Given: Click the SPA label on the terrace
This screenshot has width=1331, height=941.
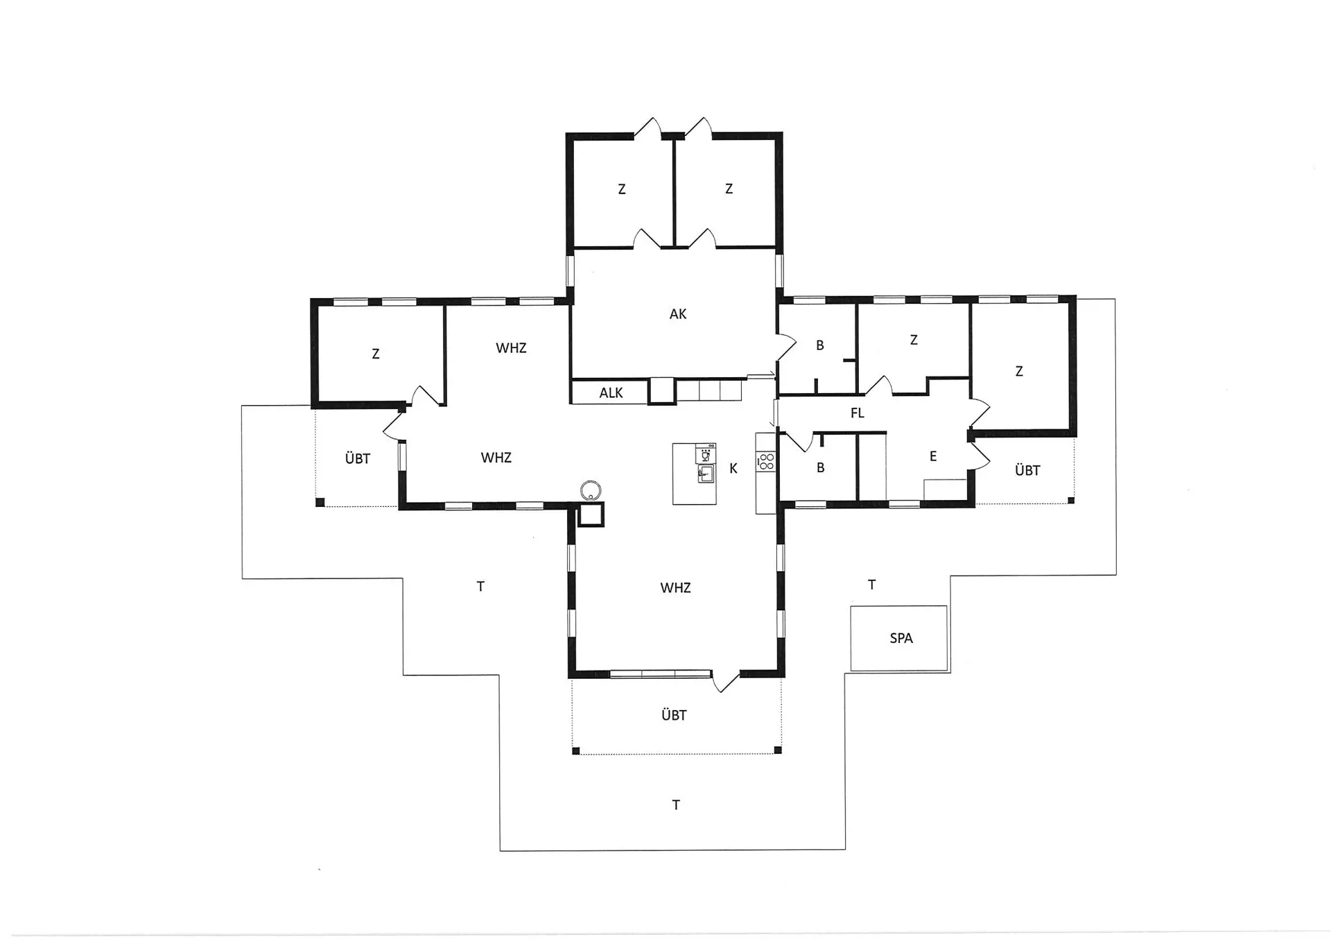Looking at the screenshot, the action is click(901, 638).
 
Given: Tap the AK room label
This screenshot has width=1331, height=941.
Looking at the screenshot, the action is click(678, 314).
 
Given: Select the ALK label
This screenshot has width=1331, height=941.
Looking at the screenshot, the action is click(611, 393).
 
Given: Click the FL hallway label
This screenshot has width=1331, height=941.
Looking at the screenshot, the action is click(858, 413).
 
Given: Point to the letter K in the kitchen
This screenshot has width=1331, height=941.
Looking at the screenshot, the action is click(733, 469).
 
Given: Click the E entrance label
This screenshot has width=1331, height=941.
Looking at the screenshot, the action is click(933, 456).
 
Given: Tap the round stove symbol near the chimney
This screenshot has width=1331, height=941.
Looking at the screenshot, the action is click(591, 490).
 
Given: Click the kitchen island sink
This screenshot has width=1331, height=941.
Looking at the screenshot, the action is click(706, 474).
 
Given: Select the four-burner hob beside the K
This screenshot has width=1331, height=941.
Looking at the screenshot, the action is click(766, 461).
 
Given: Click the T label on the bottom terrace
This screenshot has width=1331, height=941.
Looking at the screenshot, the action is click(676, 805).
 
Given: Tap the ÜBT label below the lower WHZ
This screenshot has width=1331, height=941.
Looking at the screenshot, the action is click(674, 715).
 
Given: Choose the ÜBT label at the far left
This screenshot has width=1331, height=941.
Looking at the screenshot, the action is click(358, 458).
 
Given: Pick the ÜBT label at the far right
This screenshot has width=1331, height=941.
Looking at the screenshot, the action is click(1027, 470).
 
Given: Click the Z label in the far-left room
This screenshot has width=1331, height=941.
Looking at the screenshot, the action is click(376, 354).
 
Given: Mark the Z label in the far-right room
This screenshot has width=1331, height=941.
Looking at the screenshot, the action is click(1019, 372).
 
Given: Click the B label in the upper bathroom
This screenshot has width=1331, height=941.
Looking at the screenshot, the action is click(820, 345).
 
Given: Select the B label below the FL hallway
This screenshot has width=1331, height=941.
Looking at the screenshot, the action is click(821, 468).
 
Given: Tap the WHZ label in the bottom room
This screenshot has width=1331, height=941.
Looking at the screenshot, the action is click(676, 588).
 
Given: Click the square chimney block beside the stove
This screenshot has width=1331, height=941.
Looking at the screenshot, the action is click(591, 514).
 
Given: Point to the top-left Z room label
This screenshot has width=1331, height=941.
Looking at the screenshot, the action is click(622, 189).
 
